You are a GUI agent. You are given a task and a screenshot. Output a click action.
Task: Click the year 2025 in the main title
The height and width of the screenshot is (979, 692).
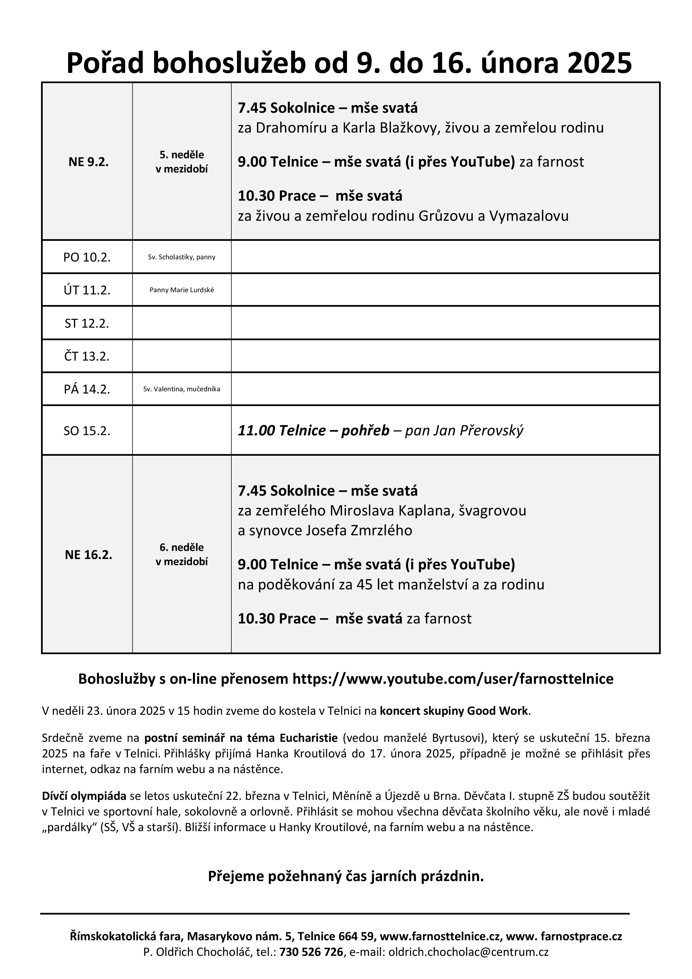coord(599,63)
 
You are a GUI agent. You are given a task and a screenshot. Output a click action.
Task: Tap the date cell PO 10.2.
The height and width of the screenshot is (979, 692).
coord(87,257)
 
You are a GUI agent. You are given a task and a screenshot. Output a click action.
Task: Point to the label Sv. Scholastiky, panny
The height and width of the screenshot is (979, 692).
coord(182,257)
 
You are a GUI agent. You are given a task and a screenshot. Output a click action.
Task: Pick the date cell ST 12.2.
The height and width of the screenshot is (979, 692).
coord(87,323)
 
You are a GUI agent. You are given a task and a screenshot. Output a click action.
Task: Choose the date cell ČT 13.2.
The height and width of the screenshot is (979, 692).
coord(87,356)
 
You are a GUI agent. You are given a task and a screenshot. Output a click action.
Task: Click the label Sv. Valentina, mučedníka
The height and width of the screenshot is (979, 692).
coord(182,389)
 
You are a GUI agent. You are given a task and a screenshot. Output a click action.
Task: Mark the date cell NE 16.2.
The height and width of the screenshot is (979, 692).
coord(88,555)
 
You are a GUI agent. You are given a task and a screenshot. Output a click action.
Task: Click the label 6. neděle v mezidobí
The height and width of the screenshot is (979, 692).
coord(182,554)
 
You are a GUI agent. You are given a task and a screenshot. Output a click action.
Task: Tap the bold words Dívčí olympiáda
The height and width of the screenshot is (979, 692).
coord(84,796)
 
